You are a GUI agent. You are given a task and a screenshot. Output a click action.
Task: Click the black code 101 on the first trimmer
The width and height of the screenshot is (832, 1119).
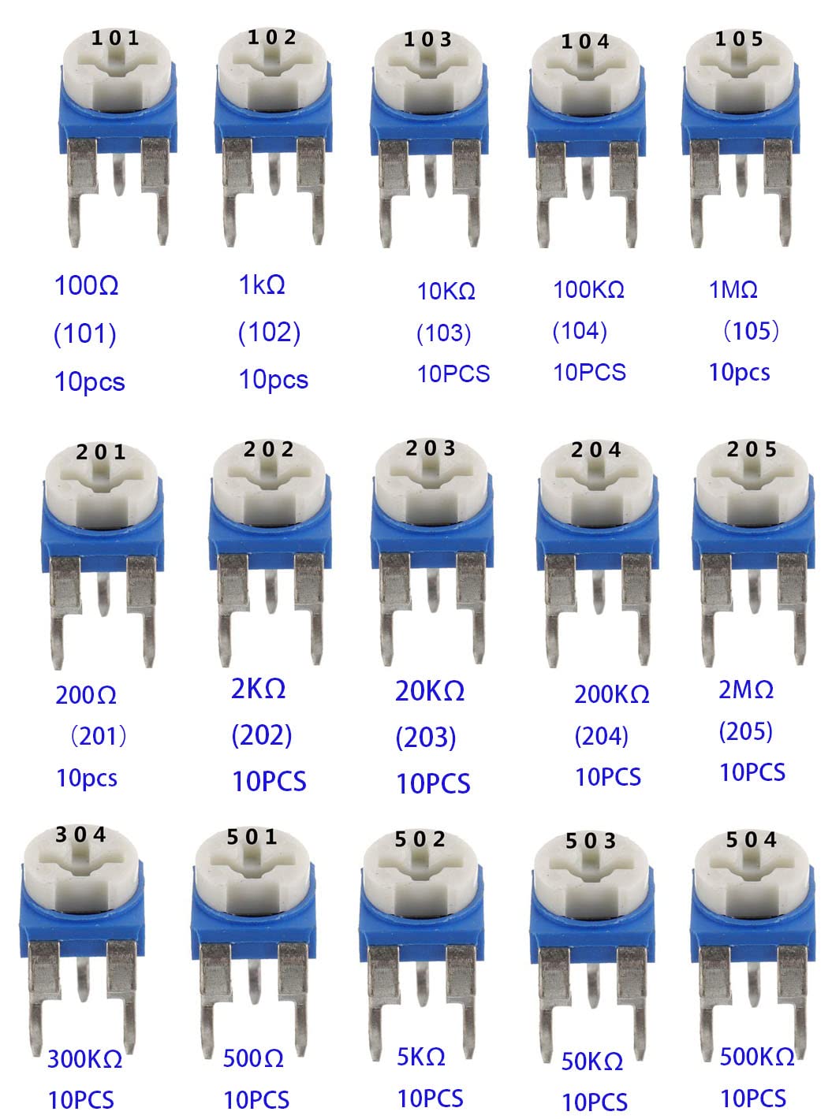(115, 39)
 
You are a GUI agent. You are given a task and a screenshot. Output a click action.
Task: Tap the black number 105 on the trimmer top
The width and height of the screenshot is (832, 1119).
(739, 39)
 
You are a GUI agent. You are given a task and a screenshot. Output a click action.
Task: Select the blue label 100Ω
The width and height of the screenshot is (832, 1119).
(86, 285)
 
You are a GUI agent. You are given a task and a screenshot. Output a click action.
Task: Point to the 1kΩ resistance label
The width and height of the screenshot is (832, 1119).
(262, 285)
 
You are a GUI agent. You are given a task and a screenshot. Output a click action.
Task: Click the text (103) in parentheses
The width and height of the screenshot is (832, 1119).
(444, 333)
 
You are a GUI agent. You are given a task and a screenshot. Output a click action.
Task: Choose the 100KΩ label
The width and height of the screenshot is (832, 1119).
(588, 289)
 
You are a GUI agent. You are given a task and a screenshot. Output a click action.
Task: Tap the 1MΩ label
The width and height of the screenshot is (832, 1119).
(733, 289)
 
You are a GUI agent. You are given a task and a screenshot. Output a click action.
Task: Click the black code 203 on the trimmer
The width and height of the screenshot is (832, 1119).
(431, 448)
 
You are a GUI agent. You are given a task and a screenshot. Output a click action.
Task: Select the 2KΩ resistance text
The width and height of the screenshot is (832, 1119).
(258, 688)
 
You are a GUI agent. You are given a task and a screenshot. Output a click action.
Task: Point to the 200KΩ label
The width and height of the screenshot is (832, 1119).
(611, 694)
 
